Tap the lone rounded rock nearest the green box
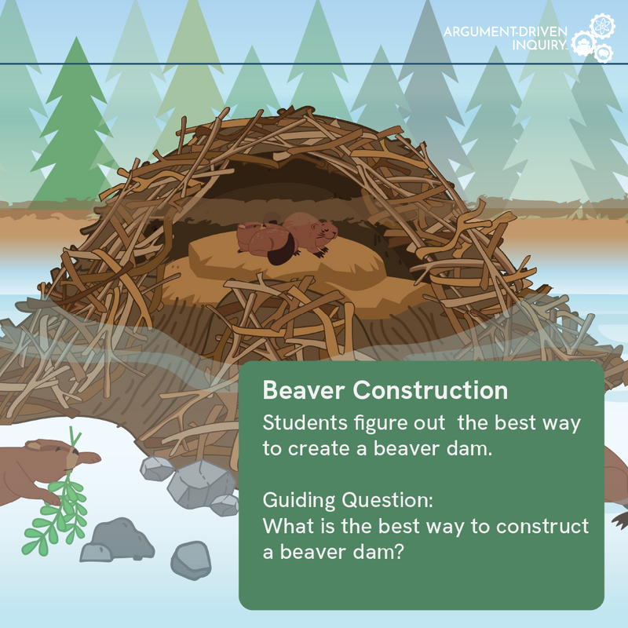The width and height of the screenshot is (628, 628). tap(191, 558)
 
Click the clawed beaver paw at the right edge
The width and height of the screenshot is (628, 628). tap(620, 519)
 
